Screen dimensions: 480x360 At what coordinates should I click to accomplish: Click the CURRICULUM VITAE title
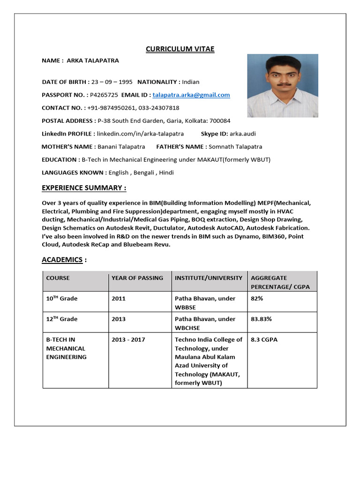click(180, 49)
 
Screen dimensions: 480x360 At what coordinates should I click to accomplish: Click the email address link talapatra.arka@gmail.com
click(191, 95)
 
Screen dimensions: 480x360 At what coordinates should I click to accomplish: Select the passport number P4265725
click(104, 95)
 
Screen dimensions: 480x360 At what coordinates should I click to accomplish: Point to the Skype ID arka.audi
click(243, 134)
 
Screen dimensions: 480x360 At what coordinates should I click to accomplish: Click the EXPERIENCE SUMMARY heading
click(84, 188)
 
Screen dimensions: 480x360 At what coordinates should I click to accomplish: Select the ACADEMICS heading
click(62, 259)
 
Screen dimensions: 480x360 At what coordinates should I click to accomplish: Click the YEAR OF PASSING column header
click(137, 278)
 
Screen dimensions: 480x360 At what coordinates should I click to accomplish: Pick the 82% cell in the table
click(257, 298)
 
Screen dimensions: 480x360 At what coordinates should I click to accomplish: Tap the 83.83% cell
click(261, 319)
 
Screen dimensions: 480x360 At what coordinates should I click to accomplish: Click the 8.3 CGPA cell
click(264, 339)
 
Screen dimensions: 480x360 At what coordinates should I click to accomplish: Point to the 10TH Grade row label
click(62, 298)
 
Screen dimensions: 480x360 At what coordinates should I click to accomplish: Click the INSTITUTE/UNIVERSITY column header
click(209, 278)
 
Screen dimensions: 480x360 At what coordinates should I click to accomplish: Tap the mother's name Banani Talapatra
click(121, 147)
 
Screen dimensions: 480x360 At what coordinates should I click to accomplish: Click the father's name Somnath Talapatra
click(235, 147)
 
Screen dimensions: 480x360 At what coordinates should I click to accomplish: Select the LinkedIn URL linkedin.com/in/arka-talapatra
click(140, 134)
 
